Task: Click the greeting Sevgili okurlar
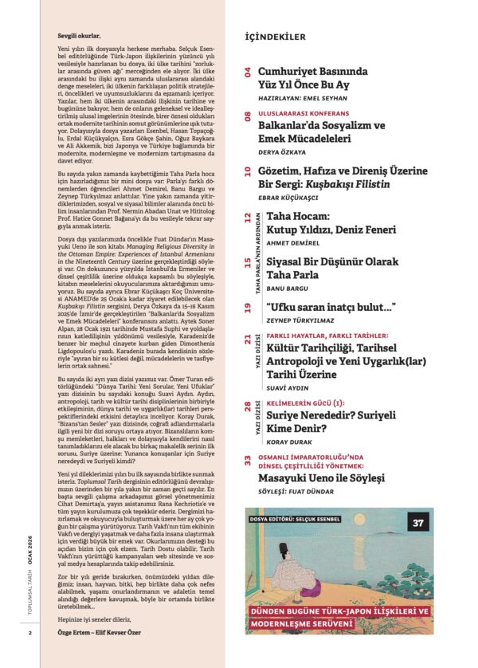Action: pos(85,36)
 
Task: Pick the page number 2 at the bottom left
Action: pos(29,656)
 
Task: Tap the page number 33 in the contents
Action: pos(249,461)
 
